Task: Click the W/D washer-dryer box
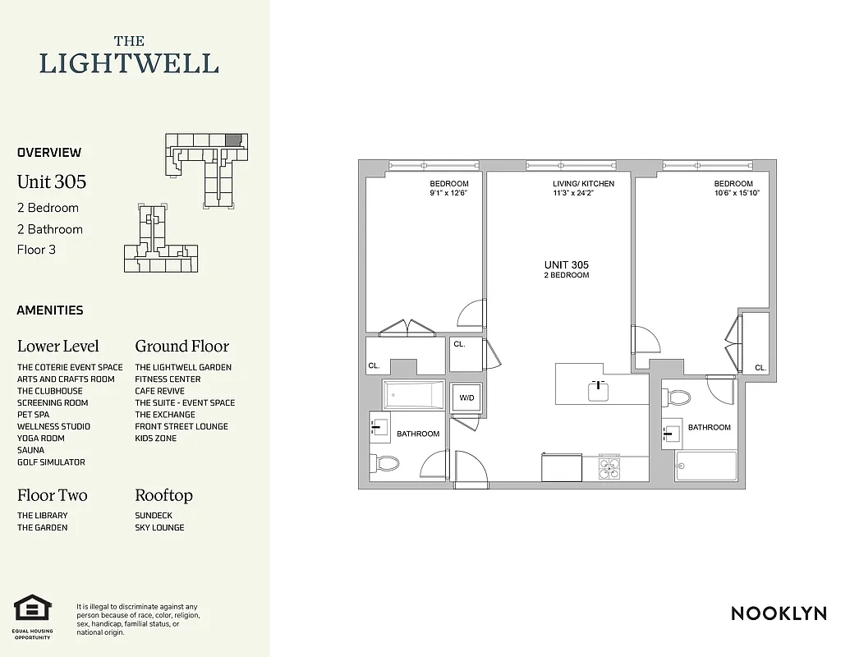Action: pos(466,397)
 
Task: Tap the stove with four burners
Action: pos(609,467)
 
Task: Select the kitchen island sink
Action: pos(599,390)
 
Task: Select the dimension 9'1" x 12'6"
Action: pos(448,194)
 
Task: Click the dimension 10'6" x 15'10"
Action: pos(733,194)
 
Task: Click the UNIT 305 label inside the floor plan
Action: pos(567,264)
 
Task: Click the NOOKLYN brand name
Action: pos(779,613)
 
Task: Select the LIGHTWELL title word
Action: pos(129,63)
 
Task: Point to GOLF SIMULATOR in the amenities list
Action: pos(51,462)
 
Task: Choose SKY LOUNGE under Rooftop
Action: pos(159,527)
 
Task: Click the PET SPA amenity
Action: pos(33,415)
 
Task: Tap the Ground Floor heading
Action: pos(181,346)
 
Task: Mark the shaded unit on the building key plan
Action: pos(233,140)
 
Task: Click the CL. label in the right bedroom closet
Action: pos(760,368)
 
